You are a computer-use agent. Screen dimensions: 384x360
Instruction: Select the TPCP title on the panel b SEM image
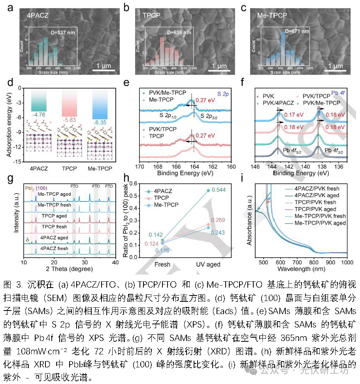[x=151, y=17]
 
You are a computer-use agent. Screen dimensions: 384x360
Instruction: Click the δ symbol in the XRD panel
[x=27, y=239]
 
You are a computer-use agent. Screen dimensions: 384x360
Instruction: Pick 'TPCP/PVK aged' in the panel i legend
[x=322, y=209]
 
